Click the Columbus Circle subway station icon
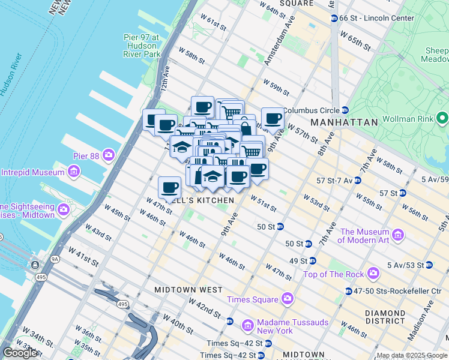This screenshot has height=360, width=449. point(345,110)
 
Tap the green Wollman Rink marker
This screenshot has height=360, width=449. point(442,117)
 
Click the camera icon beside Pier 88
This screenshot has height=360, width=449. point(108,155)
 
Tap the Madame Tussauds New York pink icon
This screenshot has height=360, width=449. point(247,326)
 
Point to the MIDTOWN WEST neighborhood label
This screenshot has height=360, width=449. point(188,289)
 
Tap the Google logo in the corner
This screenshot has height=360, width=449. point(20,353)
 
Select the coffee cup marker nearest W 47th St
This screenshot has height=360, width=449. point(170,187)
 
